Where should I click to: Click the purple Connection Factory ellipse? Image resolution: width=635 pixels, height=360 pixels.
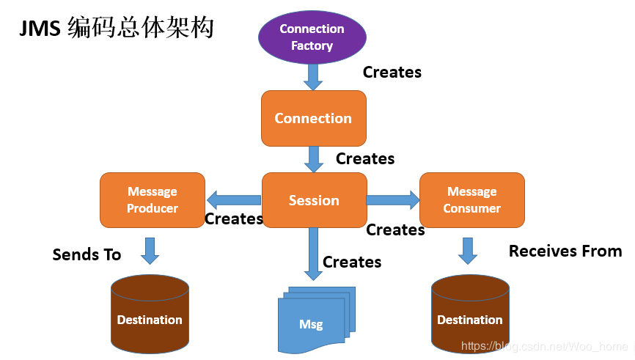tap(312, 37)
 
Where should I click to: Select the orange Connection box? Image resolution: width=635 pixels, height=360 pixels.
tap(313, 118)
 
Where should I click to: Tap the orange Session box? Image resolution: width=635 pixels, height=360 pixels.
tap(314, 200)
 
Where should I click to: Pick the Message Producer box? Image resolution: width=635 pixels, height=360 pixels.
tap(153, 199)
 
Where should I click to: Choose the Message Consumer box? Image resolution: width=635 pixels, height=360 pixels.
tap(471, 199)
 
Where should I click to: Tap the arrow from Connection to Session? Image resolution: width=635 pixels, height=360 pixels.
tap(314, 159)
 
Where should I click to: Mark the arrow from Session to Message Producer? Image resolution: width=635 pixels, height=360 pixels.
tap(233, 199)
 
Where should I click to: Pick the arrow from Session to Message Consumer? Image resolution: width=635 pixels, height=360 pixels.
tap(393, 199)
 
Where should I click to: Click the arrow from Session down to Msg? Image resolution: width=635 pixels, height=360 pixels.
tap(314, 253)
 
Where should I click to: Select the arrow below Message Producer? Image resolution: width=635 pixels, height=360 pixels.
tap(150, 250)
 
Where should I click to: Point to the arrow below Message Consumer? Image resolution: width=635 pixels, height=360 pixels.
tap(468, 250)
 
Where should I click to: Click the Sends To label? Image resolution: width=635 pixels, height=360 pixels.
tap(87, 254)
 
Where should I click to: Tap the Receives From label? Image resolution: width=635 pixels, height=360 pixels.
tap(565, 251)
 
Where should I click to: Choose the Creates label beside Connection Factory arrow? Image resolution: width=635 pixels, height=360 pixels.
tap(392, 72)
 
